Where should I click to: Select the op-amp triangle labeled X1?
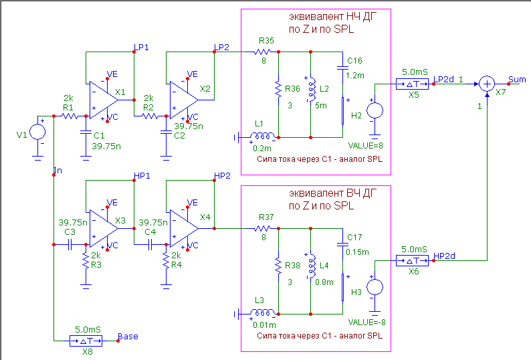pyautogui.click(x=102, y=99)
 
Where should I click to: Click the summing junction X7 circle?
pyautogui.click(x=488, y=83)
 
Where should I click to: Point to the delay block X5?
pyautogui.click(x=409, y=84)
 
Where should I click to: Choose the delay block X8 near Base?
pyautogui.click(x=85, y=341)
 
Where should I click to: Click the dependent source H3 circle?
pyautogui.click(x=375, y=286)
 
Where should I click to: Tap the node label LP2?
pyautogui.click(x=221, y=46)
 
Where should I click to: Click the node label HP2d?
pyautogui.click(x=445, y=256)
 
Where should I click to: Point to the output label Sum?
pyautogui.click(x=517, y=79)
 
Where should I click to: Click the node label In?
pyautogui.click(x=58, y=171)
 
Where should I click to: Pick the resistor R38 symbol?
pyautogui.click(x=278, y=266)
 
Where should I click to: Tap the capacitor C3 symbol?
pyautogui.click(x=70, y=245)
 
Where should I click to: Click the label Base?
pyautogui.click(x=128, y=336)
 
